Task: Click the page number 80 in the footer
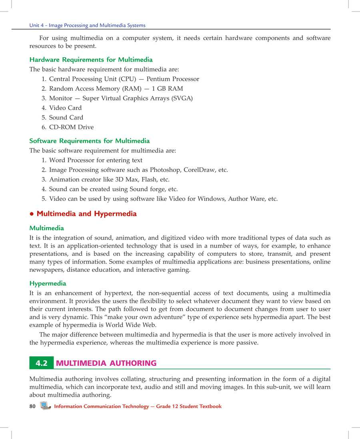32,406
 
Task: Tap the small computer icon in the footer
45,406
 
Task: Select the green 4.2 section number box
41,363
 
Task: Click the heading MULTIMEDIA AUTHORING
106,363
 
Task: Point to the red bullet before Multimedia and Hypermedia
32,214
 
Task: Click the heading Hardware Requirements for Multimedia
91,60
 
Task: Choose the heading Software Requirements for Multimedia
90,141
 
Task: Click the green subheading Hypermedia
48,283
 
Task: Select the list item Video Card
65,108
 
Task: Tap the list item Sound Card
66,118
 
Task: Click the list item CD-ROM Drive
71,127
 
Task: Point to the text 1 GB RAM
167,89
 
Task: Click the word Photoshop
167,170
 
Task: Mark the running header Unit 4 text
87,25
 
